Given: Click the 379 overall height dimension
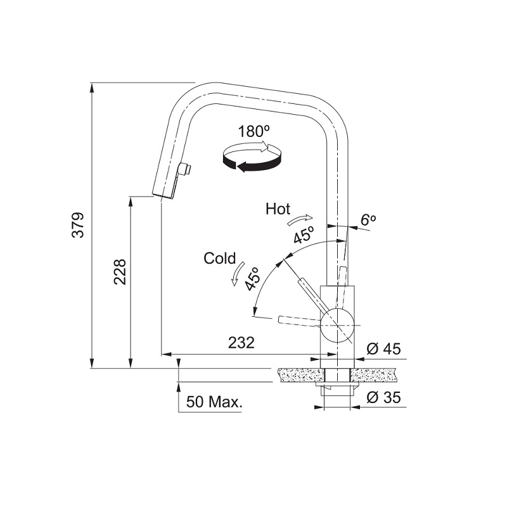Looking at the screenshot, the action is (x=78, y=226).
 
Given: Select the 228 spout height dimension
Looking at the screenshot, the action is (x=120, y=272).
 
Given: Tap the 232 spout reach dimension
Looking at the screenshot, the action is (x=241, y=343).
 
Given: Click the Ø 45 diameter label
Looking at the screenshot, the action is (x=383, y=349).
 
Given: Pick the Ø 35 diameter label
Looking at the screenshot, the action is (x=384, y=397).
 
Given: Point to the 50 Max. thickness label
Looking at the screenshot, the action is (x=214, y=402).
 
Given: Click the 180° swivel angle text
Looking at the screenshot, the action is (x=254, y=132).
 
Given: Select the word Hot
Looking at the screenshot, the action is (x=278, y=209).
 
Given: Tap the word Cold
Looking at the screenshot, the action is (x=220, y=259).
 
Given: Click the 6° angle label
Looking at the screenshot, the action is (x=368, y=220).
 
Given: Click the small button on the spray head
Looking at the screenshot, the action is (x=186, y=169).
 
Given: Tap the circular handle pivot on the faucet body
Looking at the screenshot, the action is (x=337, y=325).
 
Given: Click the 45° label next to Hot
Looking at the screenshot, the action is (x=304, y=235).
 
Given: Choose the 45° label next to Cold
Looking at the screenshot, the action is (x=252, y=278).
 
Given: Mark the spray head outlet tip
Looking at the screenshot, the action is (x=164, y=196).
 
